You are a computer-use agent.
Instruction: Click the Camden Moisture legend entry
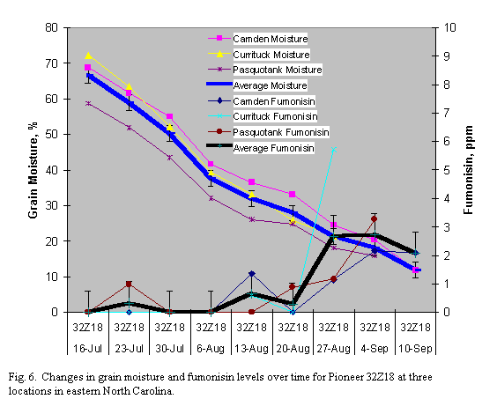(x=270, y=39)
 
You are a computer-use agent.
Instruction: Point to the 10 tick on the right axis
(x=450, y=27)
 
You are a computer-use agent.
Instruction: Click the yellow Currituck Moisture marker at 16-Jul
(x=87, y=55)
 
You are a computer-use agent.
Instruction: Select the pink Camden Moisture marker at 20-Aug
(x=293, y=194)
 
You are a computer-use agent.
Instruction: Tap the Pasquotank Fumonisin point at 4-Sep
(x=375, y=218)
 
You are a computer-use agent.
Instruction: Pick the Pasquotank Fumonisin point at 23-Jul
(x=129, y=285)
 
